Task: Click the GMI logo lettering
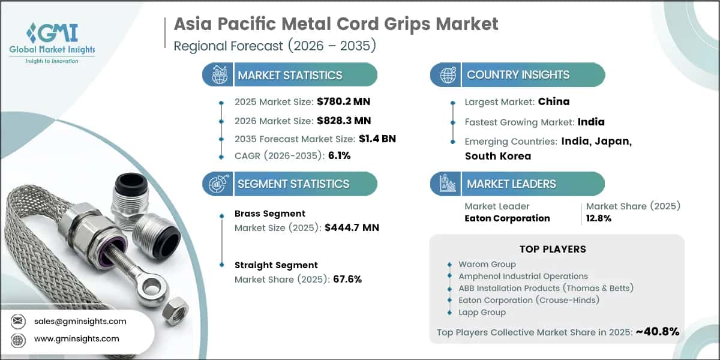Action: pos(52,33)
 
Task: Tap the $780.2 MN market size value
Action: pos(343,101)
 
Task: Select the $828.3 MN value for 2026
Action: pos(344,121)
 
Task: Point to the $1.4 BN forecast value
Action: pos(377,139)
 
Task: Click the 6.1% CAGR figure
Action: pos(339,155)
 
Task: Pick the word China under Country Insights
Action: pos(553,101)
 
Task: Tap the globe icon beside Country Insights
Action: pos(448,75)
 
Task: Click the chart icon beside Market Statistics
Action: pos(220,75)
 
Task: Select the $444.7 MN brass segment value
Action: pos(352,227)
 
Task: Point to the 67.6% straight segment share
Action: pos(347,279)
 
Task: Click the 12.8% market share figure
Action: pos(599,218)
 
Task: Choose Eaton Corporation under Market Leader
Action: pos(507,218)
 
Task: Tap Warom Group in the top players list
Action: pos(487,264)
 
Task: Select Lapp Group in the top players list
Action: pos(482,312)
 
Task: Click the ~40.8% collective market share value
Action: pos(658,332)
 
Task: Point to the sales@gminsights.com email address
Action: pos(80,322)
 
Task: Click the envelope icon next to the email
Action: pos(17,321)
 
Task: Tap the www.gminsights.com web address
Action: pos(77,339)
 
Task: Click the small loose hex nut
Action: pos(175,311)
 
